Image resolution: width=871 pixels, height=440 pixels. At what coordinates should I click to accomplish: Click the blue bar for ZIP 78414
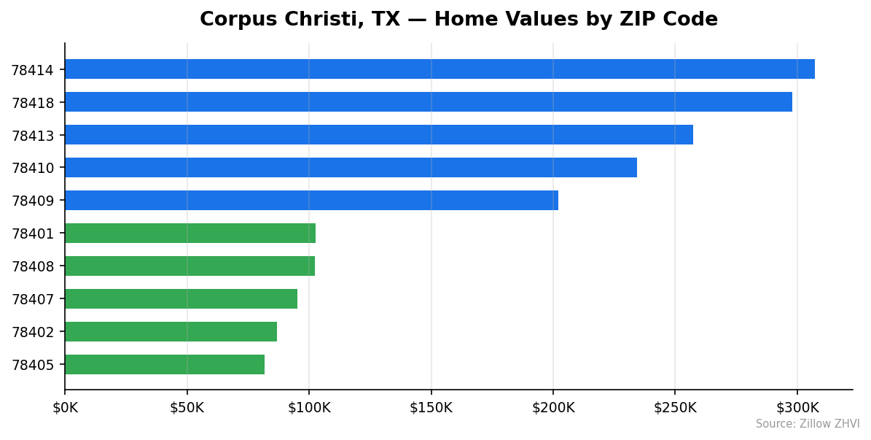(440, 69)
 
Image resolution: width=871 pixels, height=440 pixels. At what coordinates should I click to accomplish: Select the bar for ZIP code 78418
(429, 102)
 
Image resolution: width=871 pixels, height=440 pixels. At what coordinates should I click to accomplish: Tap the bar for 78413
(379, 135)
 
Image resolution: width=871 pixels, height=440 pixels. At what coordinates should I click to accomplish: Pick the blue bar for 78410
(351, 168)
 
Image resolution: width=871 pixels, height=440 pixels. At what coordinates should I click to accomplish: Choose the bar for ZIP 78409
(311, 201)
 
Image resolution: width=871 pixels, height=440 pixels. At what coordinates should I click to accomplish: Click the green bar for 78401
(190, 233)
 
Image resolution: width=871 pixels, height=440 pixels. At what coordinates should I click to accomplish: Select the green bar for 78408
(190, 266)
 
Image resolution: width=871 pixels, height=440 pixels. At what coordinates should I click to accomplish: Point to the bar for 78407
(181, 299)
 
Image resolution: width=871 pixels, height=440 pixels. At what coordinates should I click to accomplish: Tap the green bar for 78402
(171, 332)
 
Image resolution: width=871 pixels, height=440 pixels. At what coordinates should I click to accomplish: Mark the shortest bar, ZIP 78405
(165, 365)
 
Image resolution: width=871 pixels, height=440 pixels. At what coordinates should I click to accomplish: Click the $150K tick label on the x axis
(431, 408)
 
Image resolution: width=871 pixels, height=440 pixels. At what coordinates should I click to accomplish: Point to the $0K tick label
(65, 408)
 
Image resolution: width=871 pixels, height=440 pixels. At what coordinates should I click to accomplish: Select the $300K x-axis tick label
(797, 408)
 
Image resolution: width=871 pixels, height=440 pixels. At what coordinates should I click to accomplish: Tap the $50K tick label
(187, 408)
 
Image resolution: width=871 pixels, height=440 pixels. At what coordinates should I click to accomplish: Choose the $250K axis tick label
(675, 408)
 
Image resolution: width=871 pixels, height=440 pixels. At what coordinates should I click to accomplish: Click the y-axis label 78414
(33, 71)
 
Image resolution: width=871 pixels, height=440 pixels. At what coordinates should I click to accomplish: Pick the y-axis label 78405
(33, 366)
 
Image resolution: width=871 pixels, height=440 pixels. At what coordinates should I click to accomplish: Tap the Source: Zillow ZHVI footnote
(807, 424)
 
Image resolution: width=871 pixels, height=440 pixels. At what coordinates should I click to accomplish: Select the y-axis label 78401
(33, 234)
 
